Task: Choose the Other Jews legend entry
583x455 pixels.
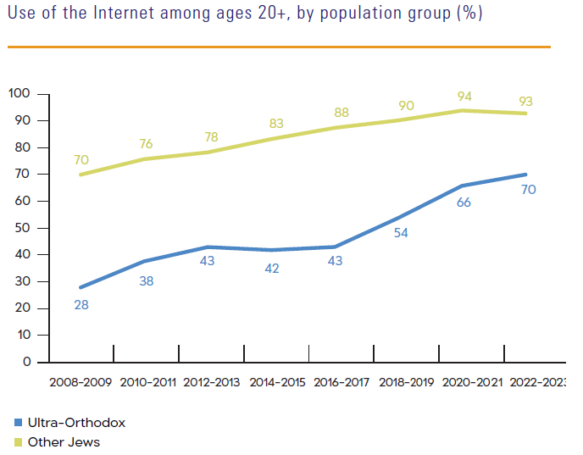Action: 64,441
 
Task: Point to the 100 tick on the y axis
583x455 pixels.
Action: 19,93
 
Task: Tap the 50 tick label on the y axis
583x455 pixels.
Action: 22,228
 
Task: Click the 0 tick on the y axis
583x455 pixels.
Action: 26,362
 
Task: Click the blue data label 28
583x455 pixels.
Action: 81,304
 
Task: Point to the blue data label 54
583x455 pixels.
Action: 402,233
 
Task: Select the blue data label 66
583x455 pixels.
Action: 464,203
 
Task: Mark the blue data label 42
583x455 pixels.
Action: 271,269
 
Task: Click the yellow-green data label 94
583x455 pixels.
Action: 464,96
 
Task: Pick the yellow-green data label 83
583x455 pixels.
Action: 276,124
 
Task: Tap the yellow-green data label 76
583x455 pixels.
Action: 147,143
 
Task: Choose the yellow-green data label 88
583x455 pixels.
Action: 341,112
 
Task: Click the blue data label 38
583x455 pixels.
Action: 146,280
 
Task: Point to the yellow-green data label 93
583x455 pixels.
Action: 526,102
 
